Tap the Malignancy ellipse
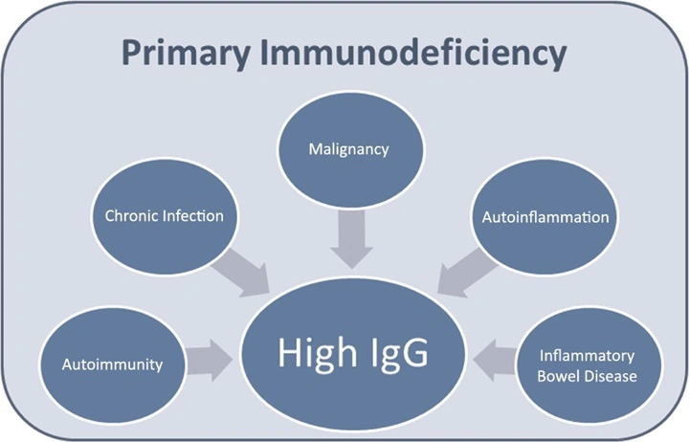click(350, 149)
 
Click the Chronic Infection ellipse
click(165, 216)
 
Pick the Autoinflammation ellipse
click(545, 217)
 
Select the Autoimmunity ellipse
click(112, 365)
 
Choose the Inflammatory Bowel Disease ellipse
click(588, 365)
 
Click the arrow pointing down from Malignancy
click(351, 238)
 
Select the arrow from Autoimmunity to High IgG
click(210, 361)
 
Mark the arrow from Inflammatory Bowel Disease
click(495, 361)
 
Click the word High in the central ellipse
click(318, 352)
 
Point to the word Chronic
click(132, 215)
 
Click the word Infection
click(193, 215)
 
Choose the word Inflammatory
click(587, 356)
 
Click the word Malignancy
click(349, 150)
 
